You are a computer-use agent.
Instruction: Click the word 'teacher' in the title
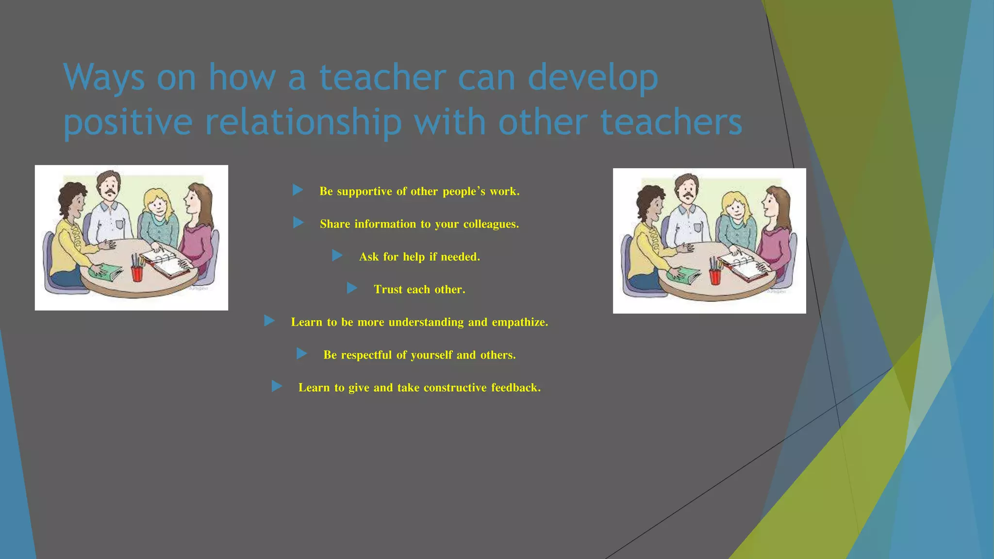click(x=382, y=78)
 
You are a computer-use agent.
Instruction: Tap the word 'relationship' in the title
click(x=303, y=122)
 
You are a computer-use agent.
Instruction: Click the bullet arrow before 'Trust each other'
click(x=352, y=289)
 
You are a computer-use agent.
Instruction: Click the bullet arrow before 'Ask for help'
click(x=337, y=256)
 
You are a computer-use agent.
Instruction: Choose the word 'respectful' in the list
click(x=366, y=355)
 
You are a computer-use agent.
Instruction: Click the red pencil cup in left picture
click(x=137, y=273)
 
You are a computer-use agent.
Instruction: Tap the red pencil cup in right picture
click(x=715, y=276)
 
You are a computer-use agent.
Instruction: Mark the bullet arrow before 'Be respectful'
click(x=301, y=354)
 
